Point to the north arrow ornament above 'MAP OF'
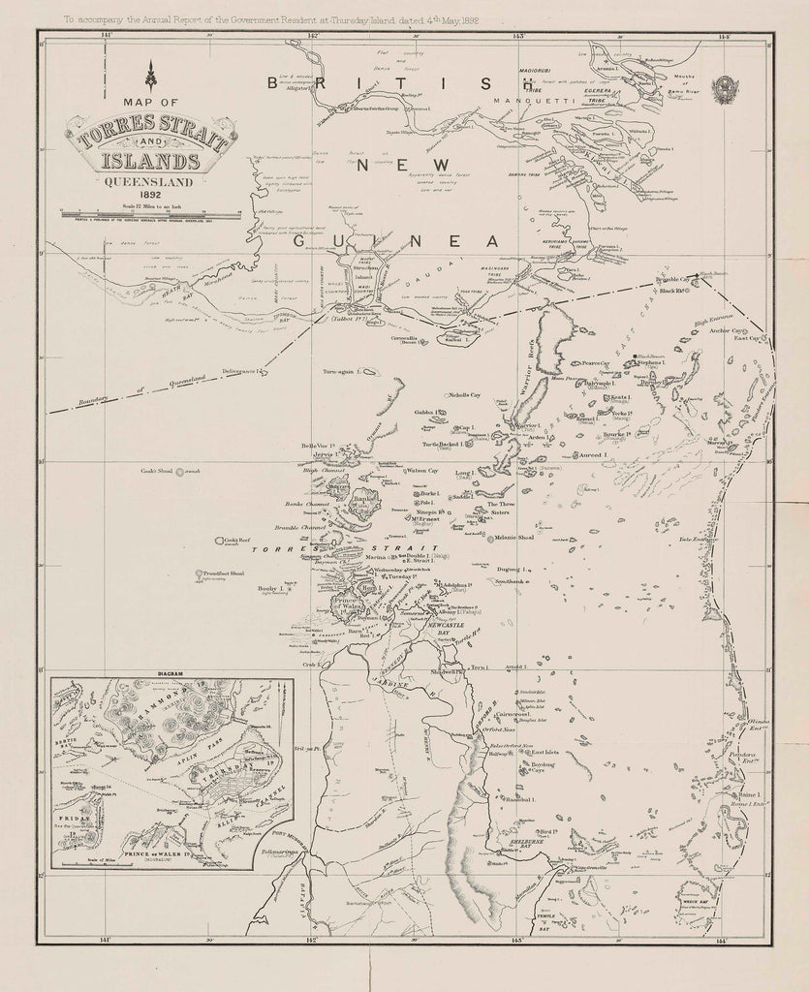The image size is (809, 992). pyautogui.click(x=150, y=75)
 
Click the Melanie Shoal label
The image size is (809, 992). pyautogui.click(x=514, y=538)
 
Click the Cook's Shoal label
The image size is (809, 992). pyautogui.click(x=155, y=471)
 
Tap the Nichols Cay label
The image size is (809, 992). pyautogui.click(x=464, y=395)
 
